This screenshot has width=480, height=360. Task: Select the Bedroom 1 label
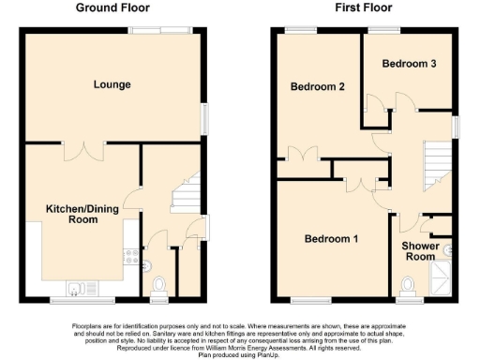(330, 239)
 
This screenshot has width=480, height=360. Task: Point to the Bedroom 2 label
(318, 86)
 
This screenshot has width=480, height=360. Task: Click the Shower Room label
(420, 251)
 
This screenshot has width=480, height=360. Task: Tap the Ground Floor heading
(112, 8)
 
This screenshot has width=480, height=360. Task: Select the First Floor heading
(362, 8)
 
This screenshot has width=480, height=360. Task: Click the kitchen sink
(75, 287)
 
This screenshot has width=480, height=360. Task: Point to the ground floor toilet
(158, 283)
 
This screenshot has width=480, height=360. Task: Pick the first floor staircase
(439, 165)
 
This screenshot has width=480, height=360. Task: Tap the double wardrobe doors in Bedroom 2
(302, 156)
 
